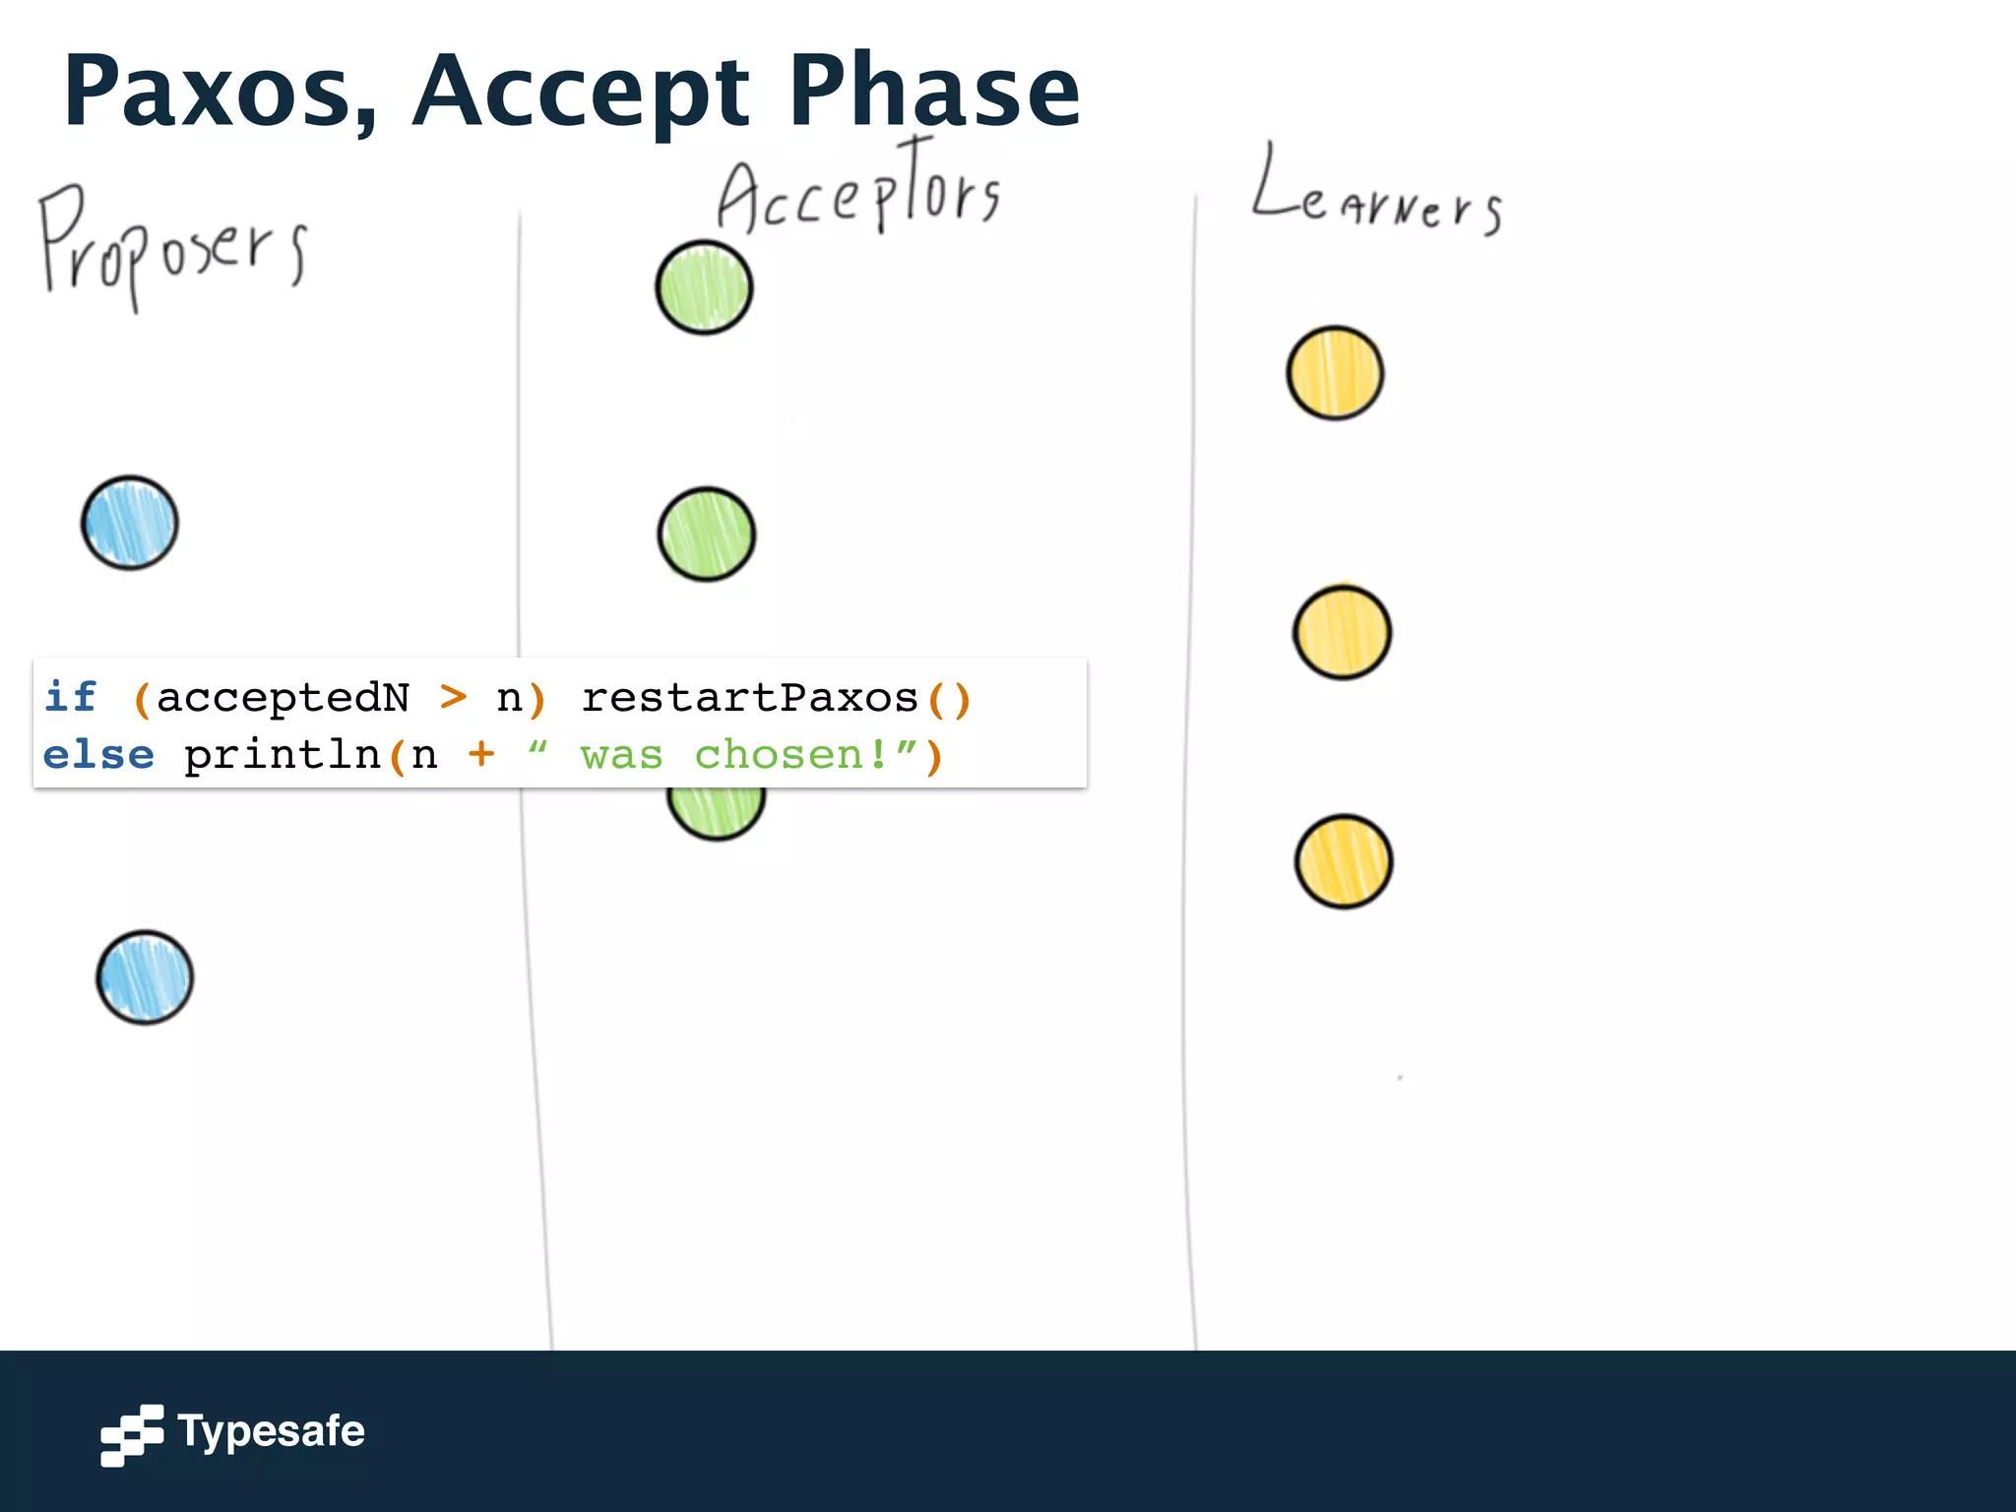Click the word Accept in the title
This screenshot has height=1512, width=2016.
click(582, 92)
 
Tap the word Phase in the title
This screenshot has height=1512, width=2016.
click(934, 92)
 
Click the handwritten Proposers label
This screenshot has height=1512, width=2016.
click(171, 246)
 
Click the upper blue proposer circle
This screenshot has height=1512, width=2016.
click(130, 524)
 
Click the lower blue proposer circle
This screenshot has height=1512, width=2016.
click(145, 977)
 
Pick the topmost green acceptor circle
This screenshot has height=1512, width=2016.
click(704, 287)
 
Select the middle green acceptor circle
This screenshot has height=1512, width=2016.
click(706, 535)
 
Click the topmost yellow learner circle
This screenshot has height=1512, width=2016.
click(1335, 373)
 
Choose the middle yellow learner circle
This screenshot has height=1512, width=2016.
click(1342, 632)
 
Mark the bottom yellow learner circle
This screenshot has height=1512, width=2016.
click(1343, 861)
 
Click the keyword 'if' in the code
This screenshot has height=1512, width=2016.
click(71, 697)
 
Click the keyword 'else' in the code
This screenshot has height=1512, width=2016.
click(98, 755)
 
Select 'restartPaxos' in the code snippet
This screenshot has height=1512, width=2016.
click(749, 697)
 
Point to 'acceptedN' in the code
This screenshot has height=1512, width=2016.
click(283, 697)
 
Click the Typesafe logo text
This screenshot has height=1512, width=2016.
click(271, 1431)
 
